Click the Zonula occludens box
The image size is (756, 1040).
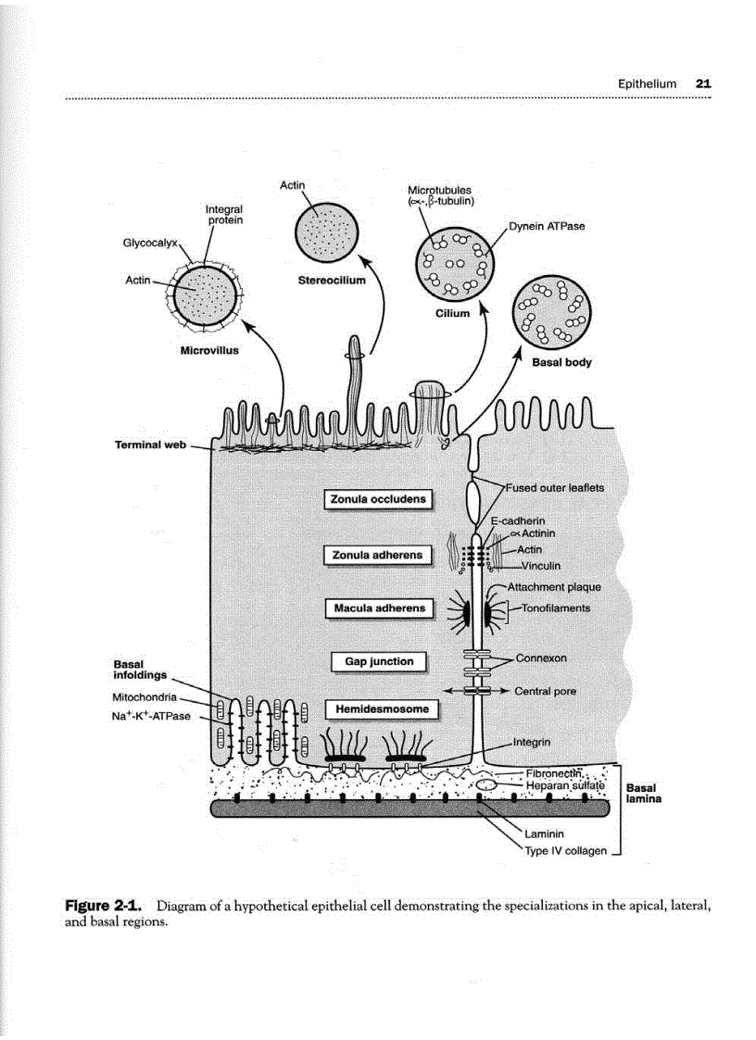(378, 499)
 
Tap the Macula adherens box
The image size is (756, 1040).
(378, 608)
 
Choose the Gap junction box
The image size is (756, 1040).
(379, 661)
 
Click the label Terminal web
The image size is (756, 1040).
(150, 445)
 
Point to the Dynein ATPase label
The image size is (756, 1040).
(548, 226)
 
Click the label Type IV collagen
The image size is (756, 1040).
(566, 850)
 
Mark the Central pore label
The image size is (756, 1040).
(545, 691)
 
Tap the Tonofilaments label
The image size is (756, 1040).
(556, 608)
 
